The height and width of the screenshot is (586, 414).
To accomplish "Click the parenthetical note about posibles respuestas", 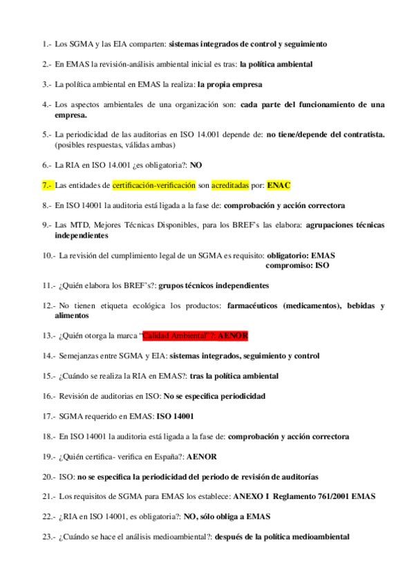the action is tap(117, 145).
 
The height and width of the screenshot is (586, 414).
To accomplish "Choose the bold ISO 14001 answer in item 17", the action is tap(176, 417).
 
